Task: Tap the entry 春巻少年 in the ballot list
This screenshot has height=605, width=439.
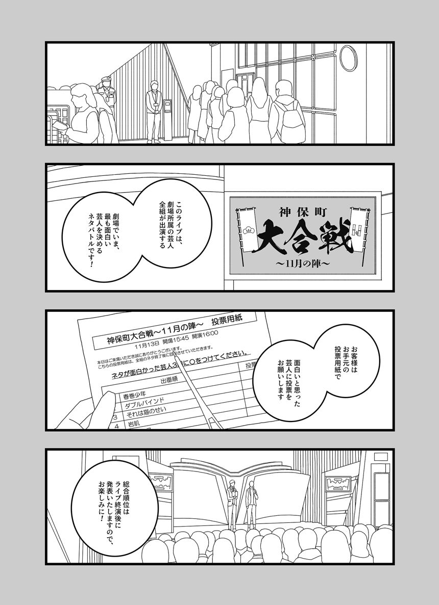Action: pyautogui.click(x=134, y=394)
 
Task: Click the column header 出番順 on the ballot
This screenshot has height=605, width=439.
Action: pyautogui.click(x=169, y=380)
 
